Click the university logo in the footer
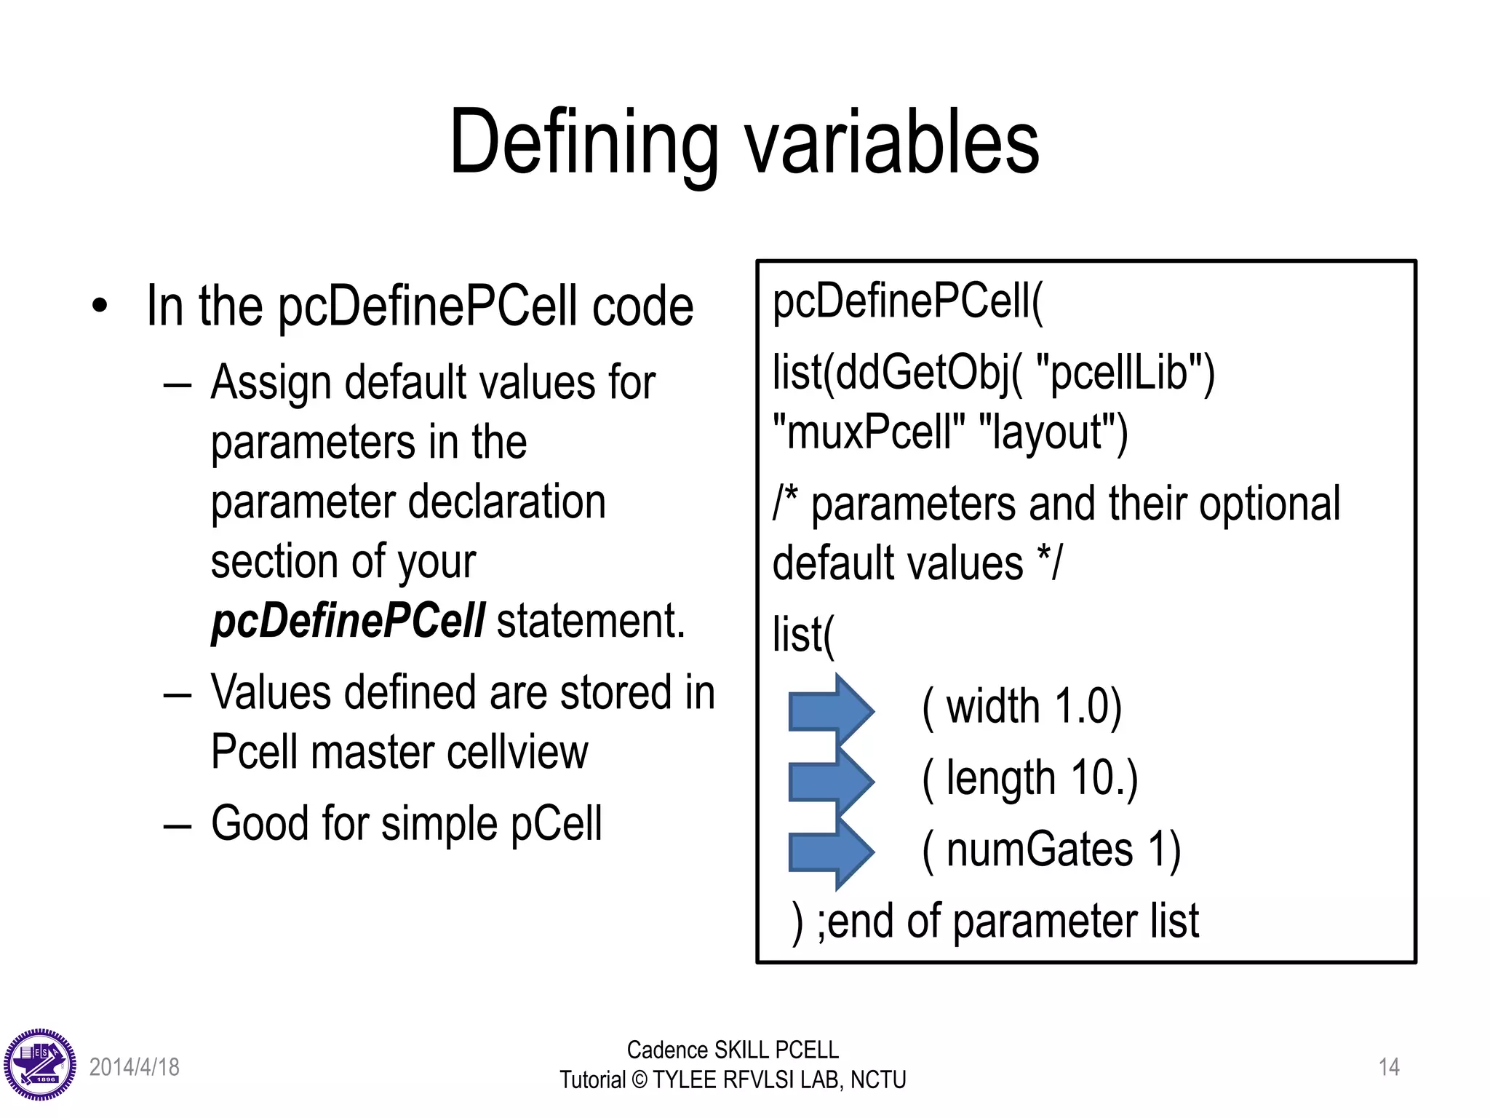point(40,1065)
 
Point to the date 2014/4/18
point(135,1067)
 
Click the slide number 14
point(1389,1067)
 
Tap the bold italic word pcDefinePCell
point(348,622)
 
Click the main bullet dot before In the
point(100,306)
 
